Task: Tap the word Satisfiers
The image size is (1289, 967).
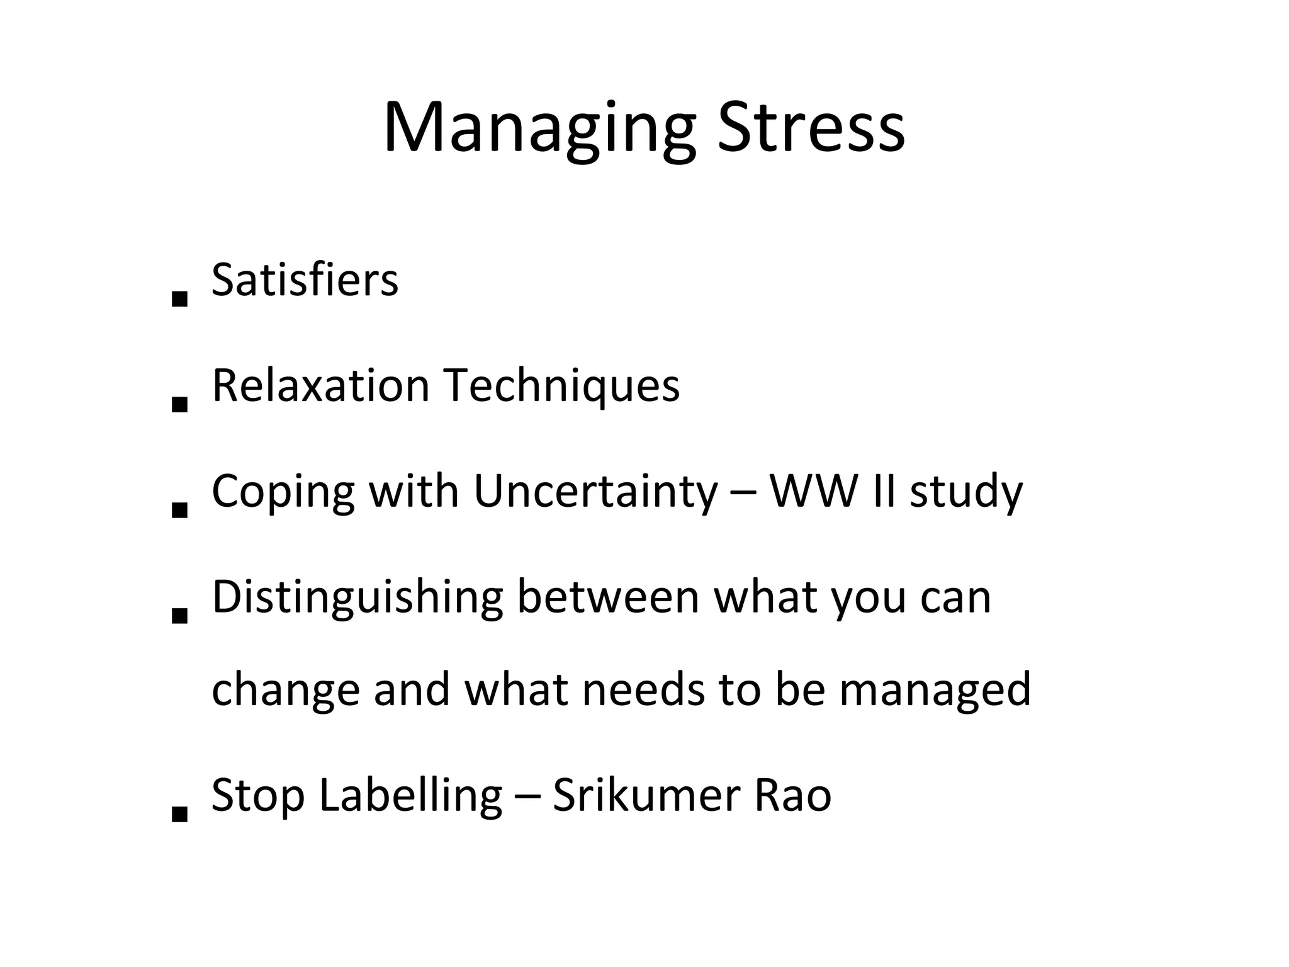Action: click(305, 280)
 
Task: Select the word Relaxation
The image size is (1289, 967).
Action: click(321, 385)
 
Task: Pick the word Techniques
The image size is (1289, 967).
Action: click(561, 385)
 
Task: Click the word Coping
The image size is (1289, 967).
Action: click(283, 491)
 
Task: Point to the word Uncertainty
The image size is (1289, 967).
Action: click(595, 491)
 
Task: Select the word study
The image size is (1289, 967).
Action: click(966, 491)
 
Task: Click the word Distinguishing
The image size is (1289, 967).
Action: click(357, 597)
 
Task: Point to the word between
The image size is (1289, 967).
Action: click(608, 597)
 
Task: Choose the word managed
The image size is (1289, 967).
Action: click(935, 690)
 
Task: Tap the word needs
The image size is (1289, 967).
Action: click(644, 690)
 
